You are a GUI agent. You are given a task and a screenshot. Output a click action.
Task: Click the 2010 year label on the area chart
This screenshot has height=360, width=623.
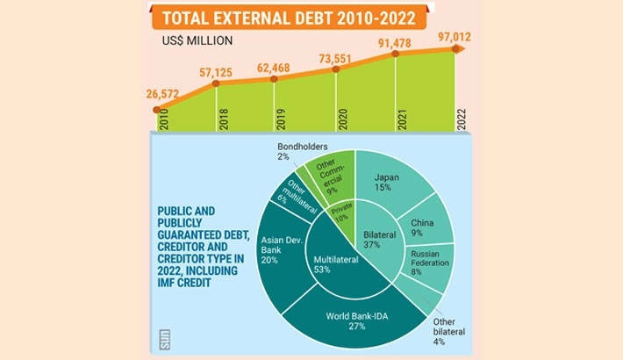click(163, 119)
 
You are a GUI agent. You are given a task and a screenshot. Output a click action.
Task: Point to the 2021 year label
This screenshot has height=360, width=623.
click(401, 119)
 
